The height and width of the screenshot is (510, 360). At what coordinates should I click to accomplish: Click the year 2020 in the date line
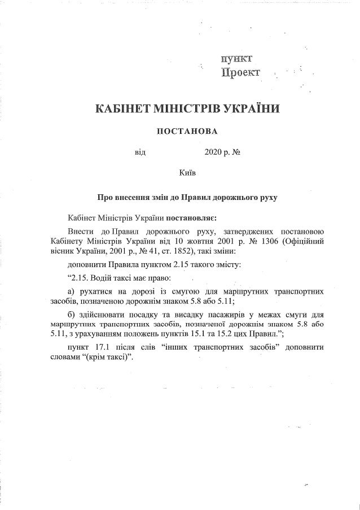[209, 152]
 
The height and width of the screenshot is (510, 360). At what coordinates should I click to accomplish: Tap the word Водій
[104, 277]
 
